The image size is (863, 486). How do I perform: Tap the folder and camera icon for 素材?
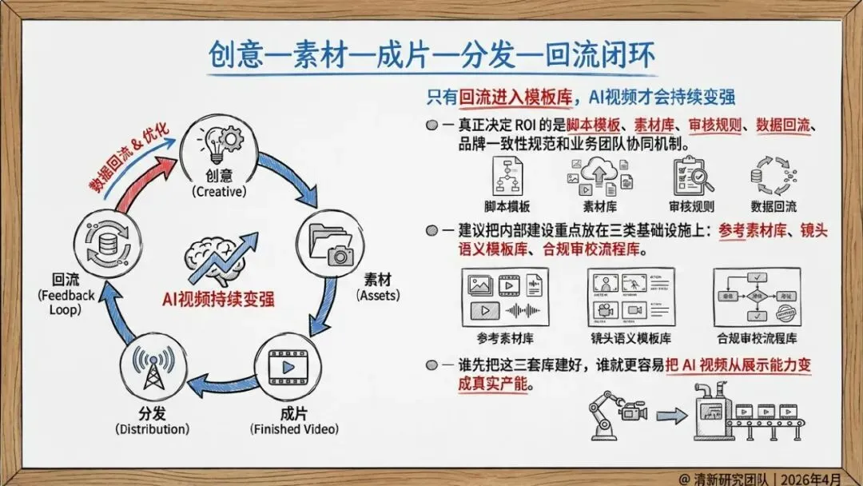[332, 243]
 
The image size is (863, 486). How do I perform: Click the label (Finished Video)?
[293, 429]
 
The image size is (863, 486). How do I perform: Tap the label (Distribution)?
[153, 429]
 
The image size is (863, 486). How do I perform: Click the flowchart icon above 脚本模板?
[507, 176]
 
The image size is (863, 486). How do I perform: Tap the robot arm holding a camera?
[615, 412]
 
